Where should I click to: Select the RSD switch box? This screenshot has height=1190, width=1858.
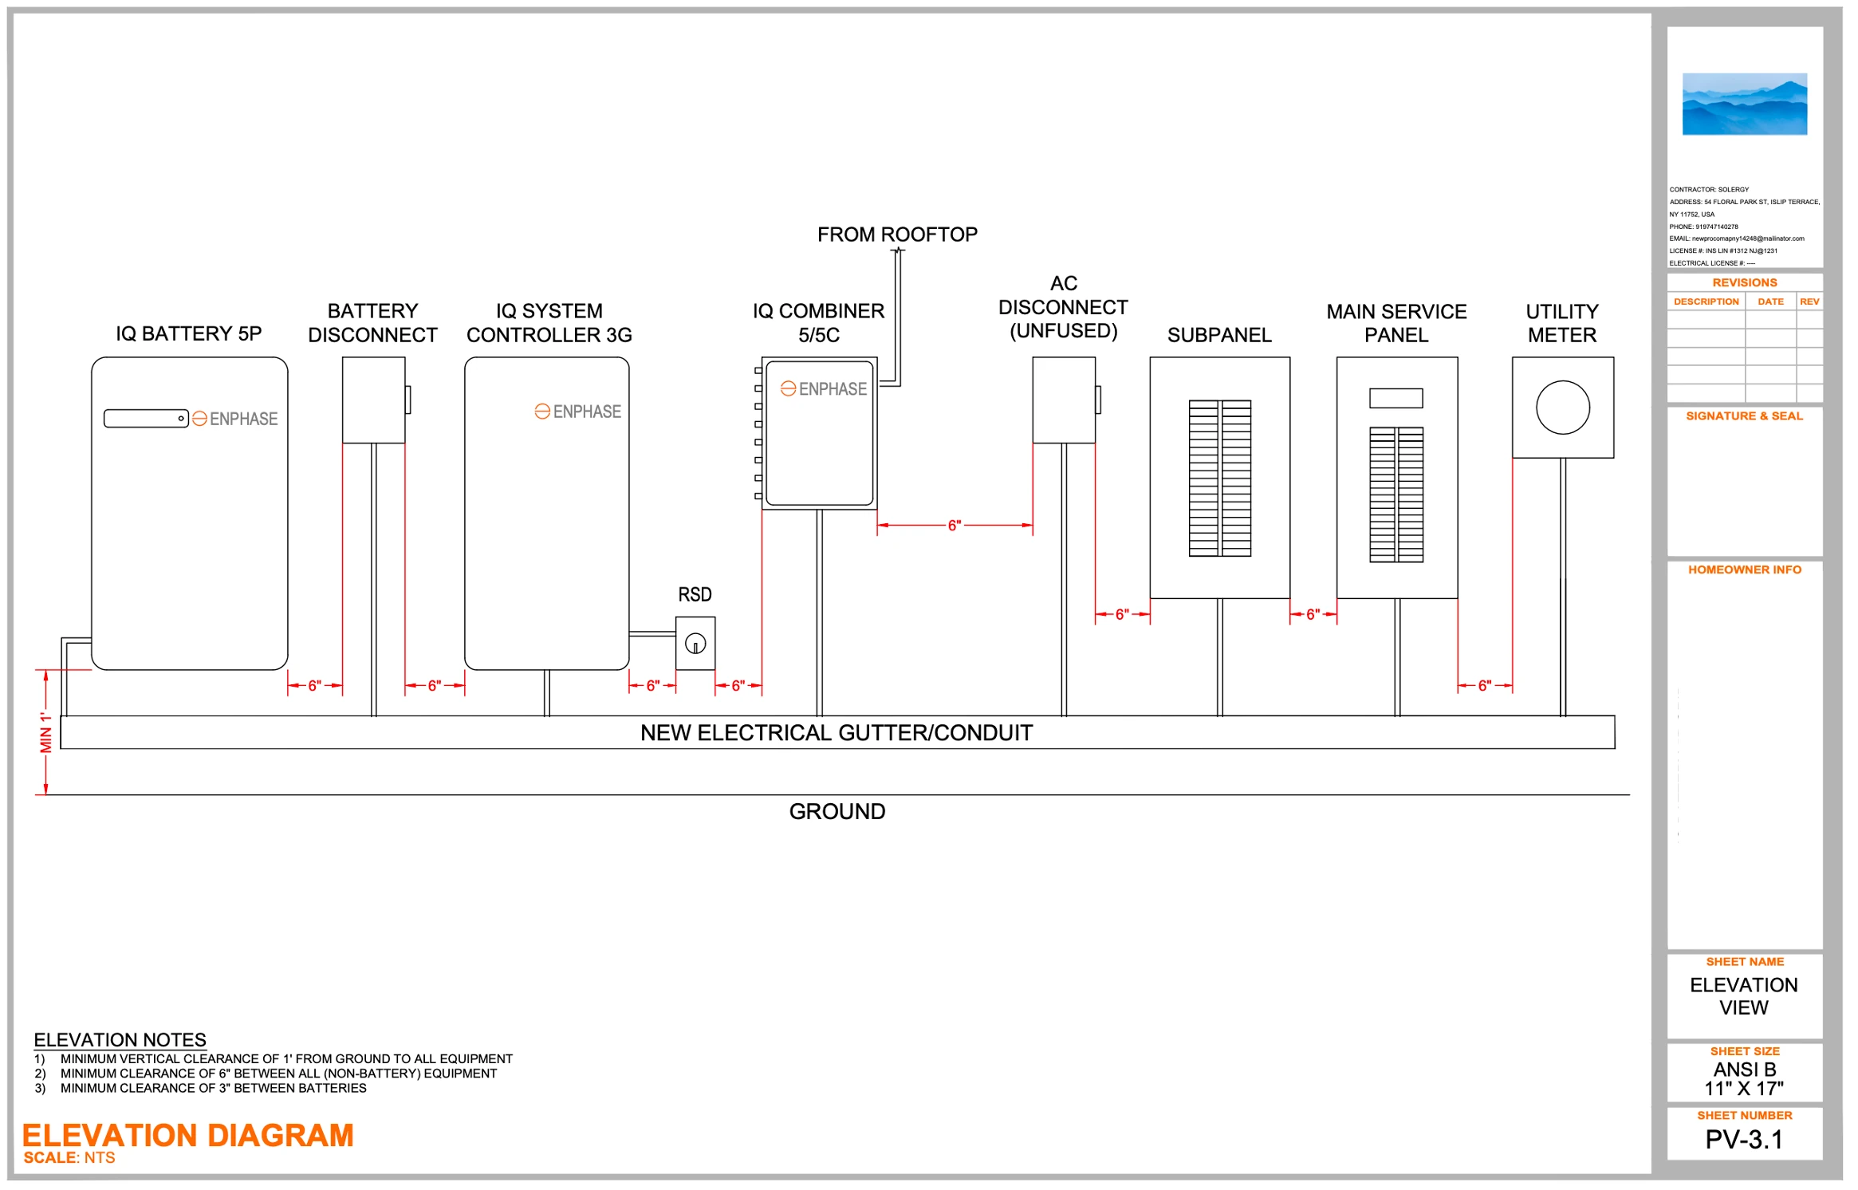click(695, 643)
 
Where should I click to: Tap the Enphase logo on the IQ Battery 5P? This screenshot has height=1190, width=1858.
click(235, 419)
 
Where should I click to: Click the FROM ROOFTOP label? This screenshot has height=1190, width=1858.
click(897, 234)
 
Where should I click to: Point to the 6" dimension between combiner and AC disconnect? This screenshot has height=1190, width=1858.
click(955, 525)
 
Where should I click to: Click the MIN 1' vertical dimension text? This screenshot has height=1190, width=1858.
click(46, 732)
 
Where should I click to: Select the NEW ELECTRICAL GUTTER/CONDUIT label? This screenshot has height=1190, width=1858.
click(836, 733)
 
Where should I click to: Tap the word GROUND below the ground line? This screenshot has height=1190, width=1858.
click(837, 811)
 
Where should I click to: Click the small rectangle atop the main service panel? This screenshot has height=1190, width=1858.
click(1395, 398)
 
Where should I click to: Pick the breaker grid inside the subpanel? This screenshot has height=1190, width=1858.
click(1219, 478)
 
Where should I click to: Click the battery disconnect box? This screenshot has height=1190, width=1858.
click(373, 400)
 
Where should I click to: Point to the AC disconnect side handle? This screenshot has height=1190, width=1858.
click(1098, 400)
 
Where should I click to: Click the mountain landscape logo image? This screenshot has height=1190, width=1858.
click(1745, 104)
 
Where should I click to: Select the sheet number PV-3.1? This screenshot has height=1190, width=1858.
click(1744, 1140)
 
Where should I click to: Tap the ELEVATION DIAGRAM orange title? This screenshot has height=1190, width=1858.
click(188, 1135)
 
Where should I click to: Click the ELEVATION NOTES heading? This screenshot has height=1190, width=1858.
click(120, 1040)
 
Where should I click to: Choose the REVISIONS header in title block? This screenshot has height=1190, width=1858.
click(1745, 283)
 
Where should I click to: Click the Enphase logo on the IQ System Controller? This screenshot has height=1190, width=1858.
click(578, 412)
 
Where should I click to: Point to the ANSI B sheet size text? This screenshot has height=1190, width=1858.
click(1745, 1070)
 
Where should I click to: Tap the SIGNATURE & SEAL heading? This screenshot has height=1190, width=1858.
click(1744, 416)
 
